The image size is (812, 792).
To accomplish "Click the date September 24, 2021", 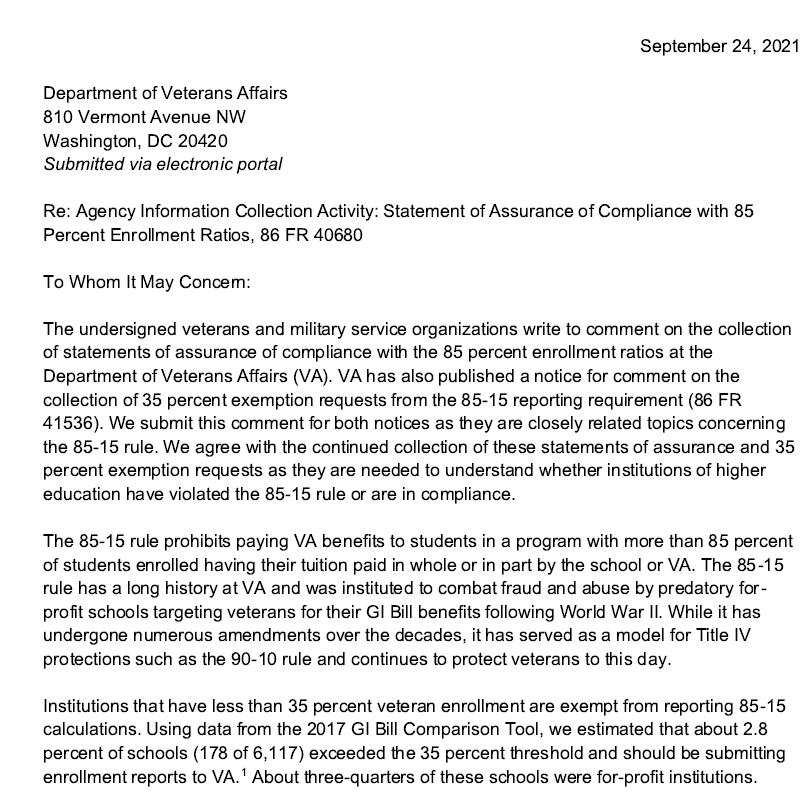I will pos(719,46).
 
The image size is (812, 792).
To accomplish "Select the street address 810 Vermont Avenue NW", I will pos(144,117).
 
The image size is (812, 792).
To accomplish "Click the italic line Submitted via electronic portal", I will pos(163,164).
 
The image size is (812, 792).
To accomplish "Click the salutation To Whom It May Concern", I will pos(146,282).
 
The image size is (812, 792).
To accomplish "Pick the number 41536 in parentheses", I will pos(69,423).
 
